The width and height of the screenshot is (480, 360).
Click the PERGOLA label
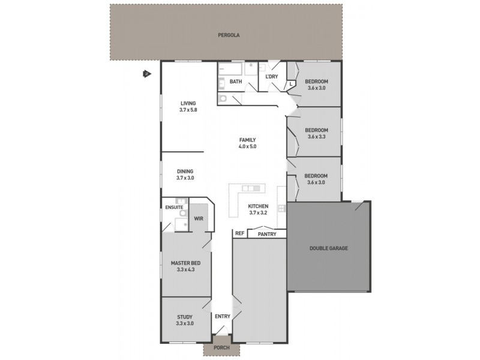229,35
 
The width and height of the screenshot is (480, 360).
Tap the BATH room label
236,82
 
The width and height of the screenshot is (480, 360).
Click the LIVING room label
188,104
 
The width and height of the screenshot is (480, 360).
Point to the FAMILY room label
248,139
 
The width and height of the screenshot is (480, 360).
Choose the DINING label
185,171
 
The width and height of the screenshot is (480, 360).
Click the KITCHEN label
259,206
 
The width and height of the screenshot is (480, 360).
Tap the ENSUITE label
174,208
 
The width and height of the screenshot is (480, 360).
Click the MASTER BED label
185,263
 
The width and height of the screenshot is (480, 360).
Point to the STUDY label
185,317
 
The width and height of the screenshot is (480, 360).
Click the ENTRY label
222,316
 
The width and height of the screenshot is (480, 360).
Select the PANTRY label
267,234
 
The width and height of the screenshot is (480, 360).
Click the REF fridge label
239,233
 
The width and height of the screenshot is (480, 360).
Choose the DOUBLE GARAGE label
329,248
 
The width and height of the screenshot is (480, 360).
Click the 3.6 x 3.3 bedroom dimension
316,137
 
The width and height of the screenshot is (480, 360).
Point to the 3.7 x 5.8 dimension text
188,110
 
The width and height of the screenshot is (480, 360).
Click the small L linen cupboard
290,85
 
